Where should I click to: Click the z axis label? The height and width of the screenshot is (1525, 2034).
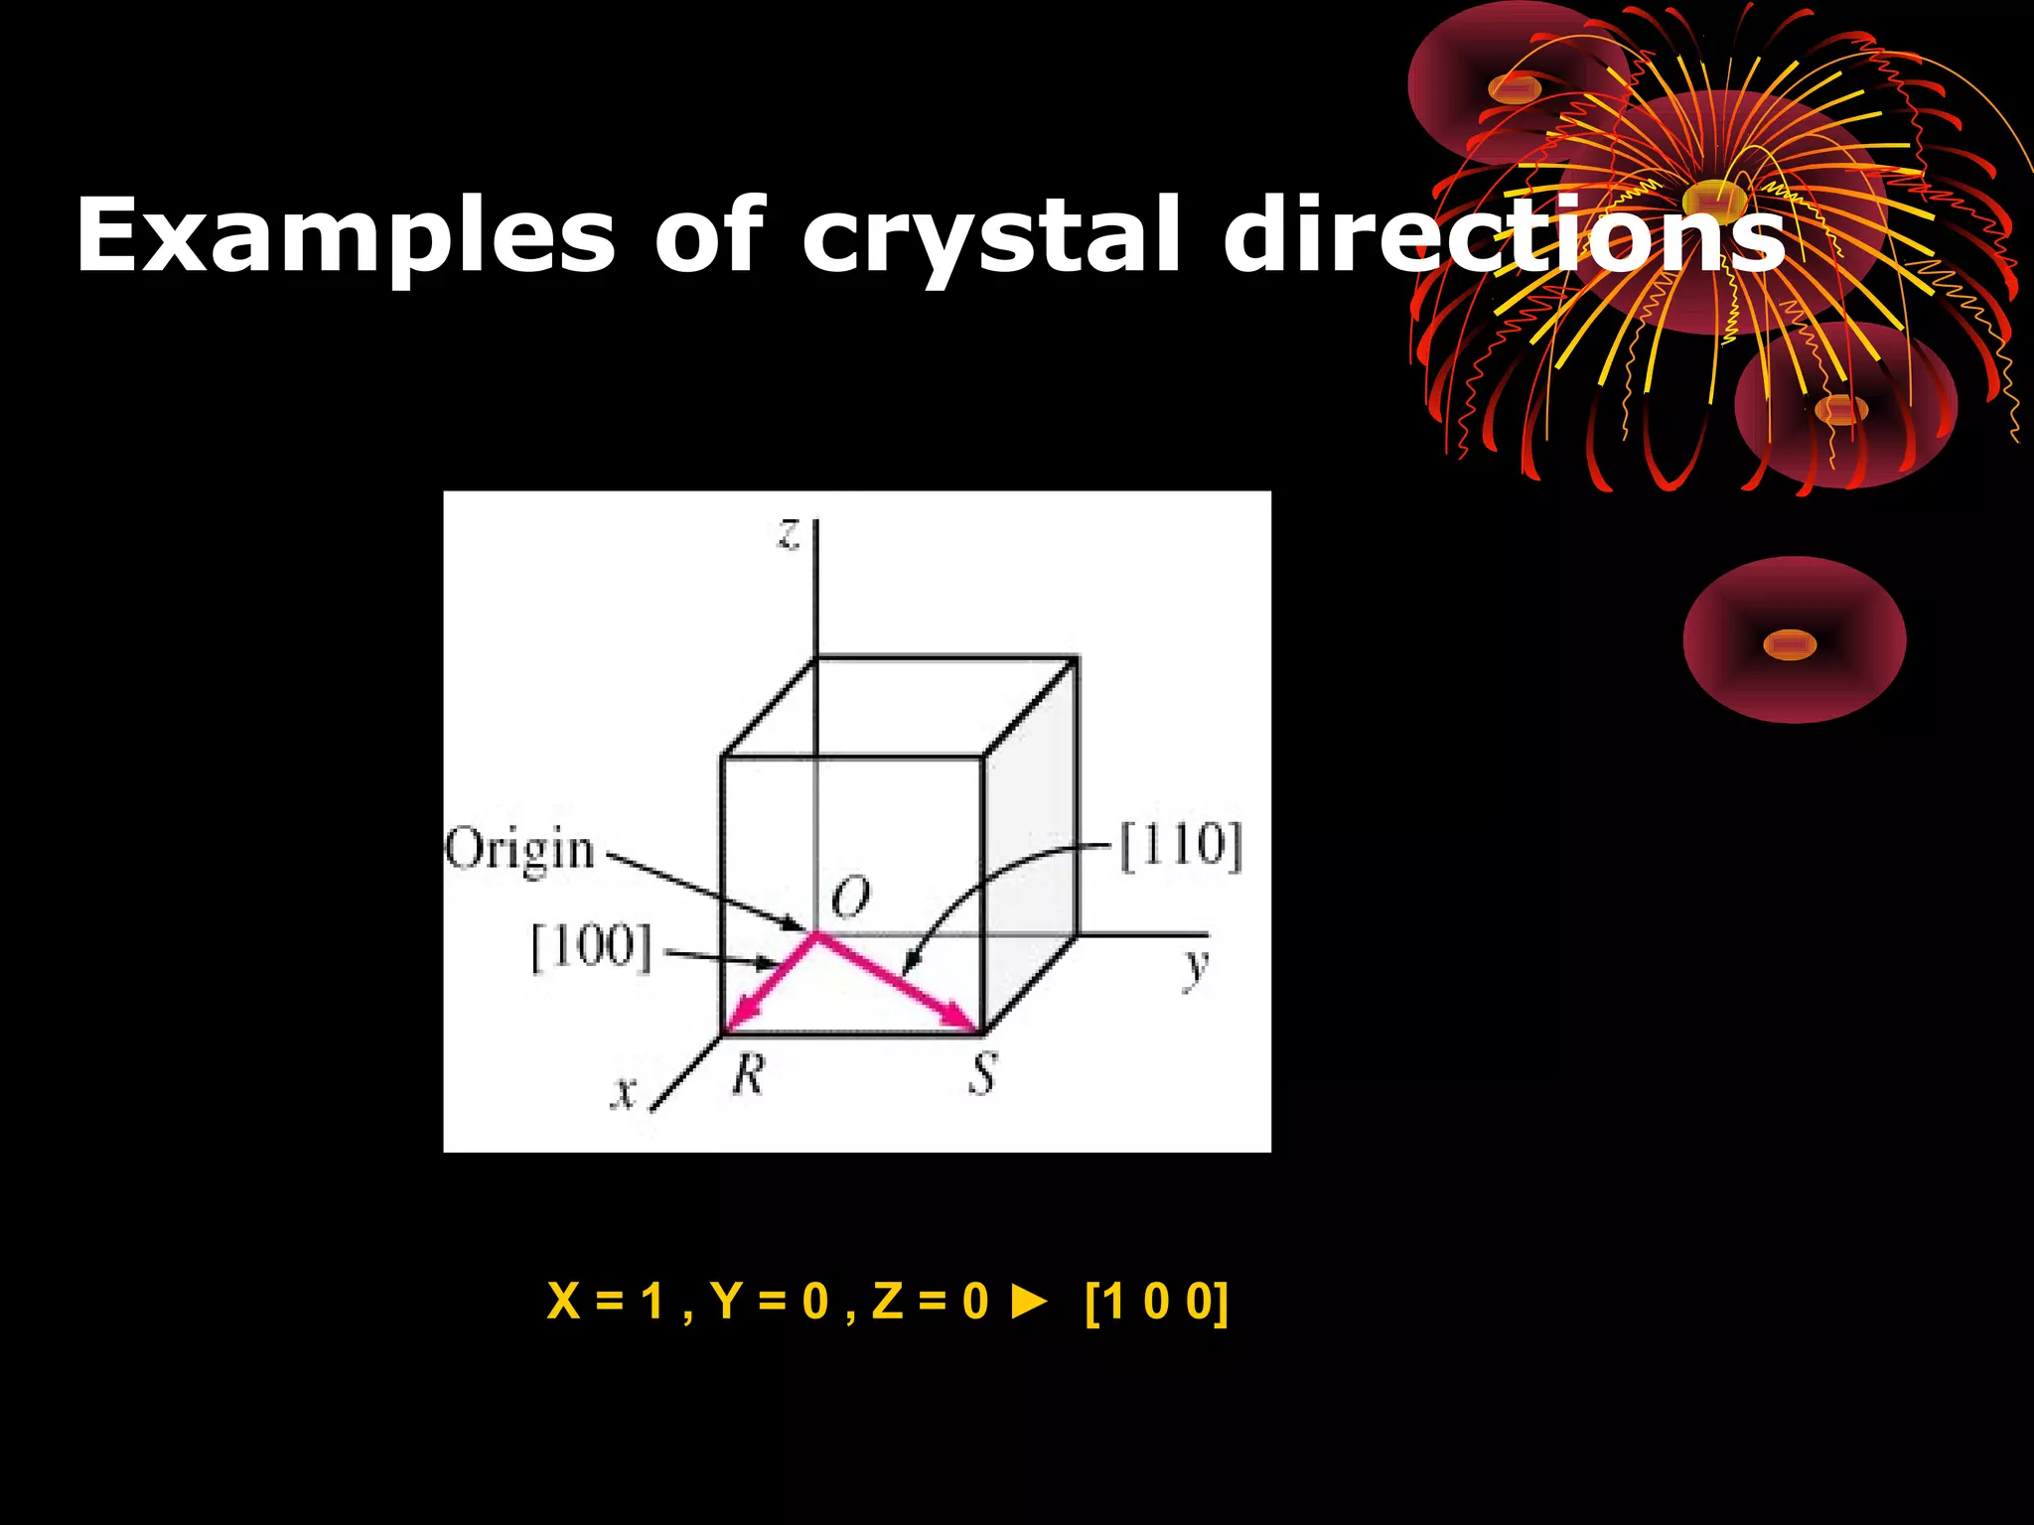[x=789, y=535]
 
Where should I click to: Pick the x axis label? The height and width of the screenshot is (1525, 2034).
[x=624, y=1093]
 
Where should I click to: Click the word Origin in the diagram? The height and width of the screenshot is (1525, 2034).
[x=519, y=852]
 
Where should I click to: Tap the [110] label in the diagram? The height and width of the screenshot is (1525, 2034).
[x=1181, y=847]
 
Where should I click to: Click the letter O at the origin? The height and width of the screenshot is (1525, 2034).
[x=850, y=898]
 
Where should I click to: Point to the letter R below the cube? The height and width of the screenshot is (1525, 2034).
[x=749, y=1074]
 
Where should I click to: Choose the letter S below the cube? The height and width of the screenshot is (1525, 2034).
[x=982, y=1074]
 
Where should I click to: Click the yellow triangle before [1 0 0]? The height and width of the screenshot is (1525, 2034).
[x=1030, y=1302]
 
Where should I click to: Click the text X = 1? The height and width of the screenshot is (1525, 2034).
[x=605, y=1302]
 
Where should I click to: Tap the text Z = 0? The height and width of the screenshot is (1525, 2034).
[x=930, y=1302]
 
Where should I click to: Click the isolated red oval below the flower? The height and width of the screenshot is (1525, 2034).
[x=1794, y=640]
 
